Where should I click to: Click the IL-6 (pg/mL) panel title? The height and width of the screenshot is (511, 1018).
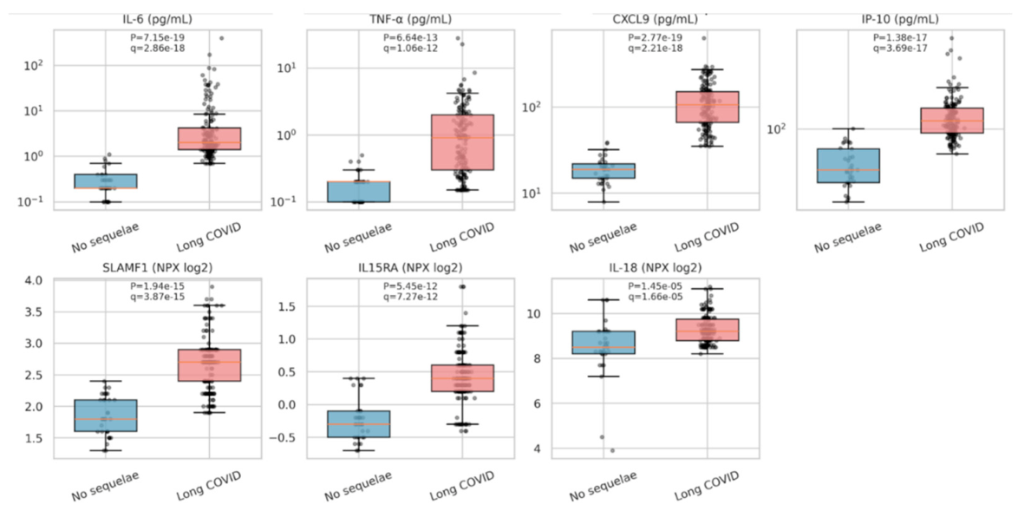coord(158,19)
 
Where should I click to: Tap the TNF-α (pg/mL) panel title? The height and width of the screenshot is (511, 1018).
coord(410,19)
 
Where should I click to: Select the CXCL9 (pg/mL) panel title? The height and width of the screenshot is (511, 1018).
coord(655,19)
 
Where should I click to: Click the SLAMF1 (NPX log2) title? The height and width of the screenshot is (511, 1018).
coord(158,267)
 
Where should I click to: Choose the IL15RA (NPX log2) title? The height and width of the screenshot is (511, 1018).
coord(410,267)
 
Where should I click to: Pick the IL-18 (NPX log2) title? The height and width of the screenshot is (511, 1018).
coord(655,267)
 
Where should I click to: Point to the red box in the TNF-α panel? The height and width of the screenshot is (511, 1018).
coord(462,142)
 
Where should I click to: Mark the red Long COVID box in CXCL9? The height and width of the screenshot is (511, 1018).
coord(707,107)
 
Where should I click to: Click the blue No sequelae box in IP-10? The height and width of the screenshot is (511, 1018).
coord(848,166)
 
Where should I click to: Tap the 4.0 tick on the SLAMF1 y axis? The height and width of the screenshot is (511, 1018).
coord(34,280)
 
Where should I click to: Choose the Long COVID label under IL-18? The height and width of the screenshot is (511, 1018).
coord(707,485)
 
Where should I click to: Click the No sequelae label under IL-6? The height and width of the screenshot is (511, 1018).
coord(106,237)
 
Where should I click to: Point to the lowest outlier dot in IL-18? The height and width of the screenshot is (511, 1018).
coord(612,450)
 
